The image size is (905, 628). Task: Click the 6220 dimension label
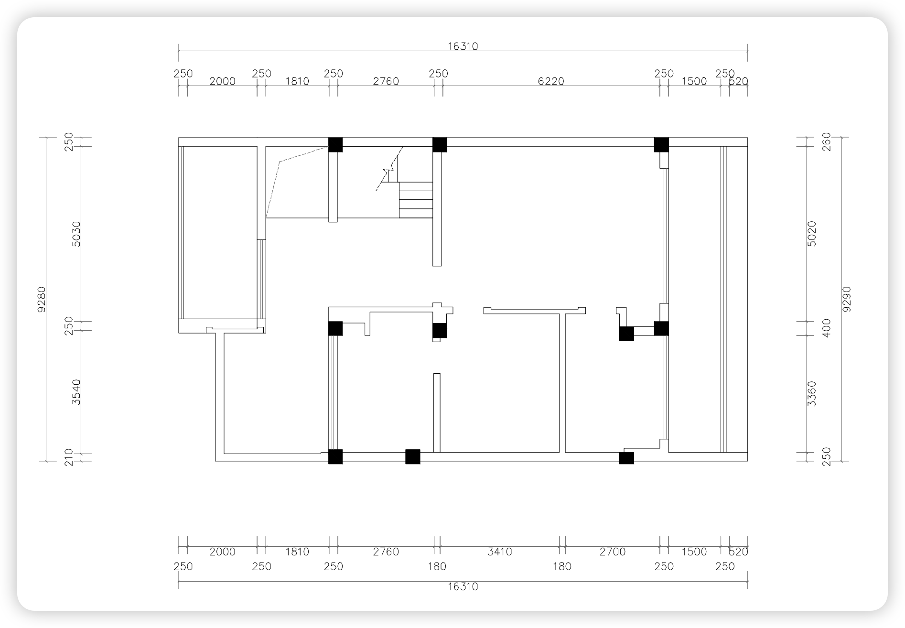(x=551, y=81)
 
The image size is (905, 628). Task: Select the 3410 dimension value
(x=500, y=552)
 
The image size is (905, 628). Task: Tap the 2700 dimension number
(x=613, y=552)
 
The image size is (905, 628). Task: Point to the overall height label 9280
(x=42, y=299)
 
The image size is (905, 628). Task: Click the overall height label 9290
(x=847, y=299)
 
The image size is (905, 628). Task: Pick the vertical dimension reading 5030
(x=76, y=234)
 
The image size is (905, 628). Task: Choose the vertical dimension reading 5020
(x=812, y=234)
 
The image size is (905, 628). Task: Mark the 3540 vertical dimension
(x=76, y=392)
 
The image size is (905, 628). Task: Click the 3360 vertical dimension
(x=812, y=394)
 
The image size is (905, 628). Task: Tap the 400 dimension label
(x=827, y=328)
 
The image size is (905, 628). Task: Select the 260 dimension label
(x=827, y=142)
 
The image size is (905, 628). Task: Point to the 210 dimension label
(x=69, y=457)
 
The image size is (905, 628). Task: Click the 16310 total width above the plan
(x=463, y=46)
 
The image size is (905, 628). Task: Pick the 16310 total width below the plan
(x=463, y=587)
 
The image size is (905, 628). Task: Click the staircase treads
(x=416, y=200)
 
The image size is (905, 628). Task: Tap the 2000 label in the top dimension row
(x=223, y=81)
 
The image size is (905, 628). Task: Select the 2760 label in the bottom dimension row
(x=386, y=552)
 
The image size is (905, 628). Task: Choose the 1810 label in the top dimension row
(x=297, y=81)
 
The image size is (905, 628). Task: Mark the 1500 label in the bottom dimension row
(x=694, y=552)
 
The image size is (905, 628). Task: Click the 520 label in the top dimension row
(x=738, y=81)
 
